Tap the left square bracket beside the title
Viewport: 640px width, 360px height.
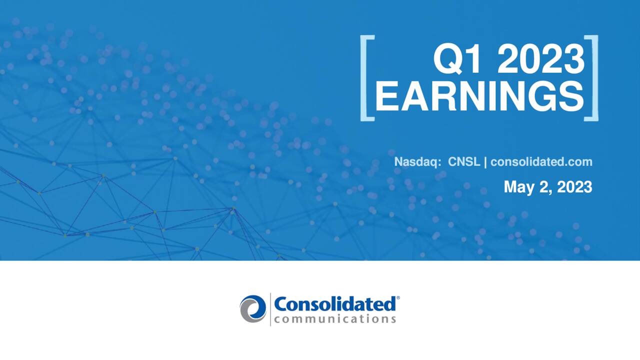366,77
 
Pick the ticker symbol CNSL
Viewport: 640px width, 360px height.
464,162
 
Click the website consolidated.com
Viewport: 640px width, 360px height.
541,162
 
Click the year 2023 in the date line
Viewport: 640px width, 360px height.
574,187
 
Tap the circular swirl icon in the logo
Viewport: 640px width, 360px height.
253,308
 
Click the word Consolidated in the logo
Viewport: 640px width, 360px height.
334,304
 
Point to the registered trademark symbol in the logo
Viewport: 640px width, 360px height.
398,298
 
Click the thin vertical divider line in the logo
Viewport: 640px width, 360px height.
270,309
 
